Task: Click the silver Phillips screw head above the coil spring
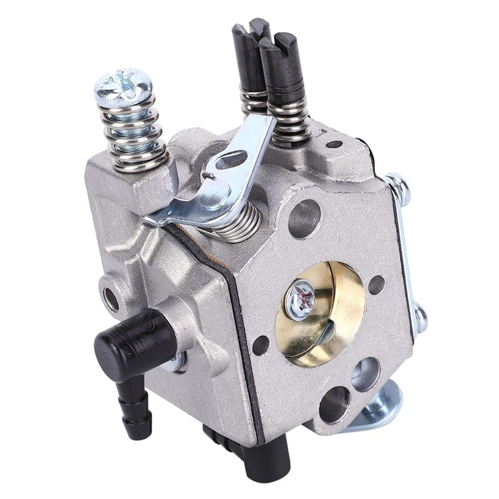click(x=123, y=87)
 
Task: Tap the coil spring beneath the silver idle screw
click(x=132, y=134)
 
